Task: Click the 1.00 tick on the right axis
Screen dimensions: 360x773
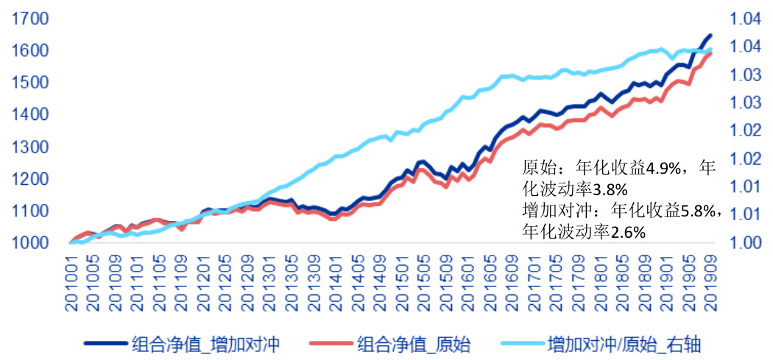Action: [745, 243]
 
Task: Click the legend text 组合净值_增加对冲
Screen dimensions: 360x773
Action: [205, 344]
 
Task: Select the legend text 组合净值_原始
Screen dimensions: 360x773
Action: [414, 344]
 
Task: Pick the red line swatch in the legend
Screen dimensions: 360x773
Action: [331, 344]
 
